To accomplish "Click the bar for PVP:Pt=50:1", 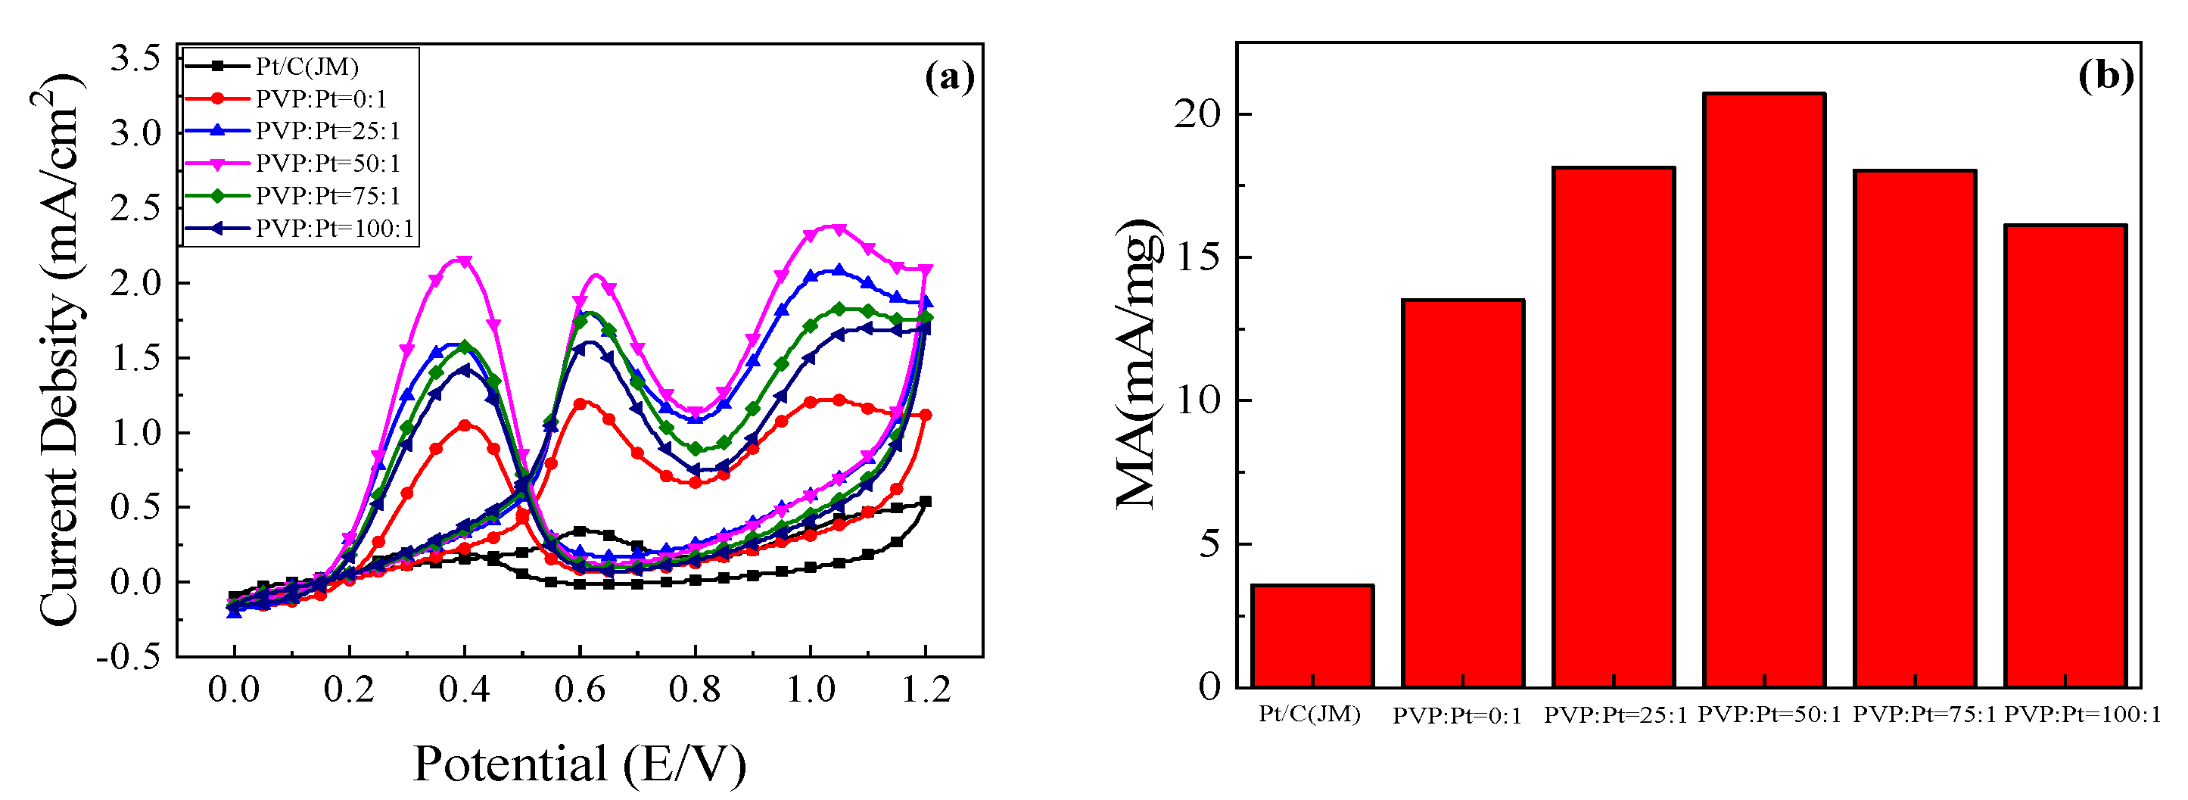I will (x=1764, y=391).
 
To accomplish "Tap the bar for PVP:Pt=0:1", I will (x=1463, y=493).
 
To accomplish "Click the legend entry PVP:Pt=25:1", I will (x=327, y=131).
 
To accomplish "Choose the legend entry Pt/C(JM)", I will (x=307, y=67).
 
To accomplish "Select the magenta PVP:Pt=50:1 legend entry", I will (x=327, y=163).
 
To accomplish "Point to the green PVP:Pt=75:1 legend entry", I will (x=327, y=196).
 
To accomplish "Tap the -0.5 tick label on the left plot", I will (x=129, y=656).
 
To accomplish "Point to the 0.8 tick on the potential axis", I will (x=694, y=689).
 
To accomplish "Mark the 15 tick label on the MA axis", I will (x=1197, y=257).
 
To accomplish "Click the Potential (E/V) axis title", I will (x=579, y=764).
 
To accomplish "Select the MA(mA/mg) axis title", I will (x=1138, y=365).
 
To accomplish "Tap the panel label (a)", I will (x=949, y=77).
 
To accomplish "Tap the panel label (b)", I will (x=2106, y=76).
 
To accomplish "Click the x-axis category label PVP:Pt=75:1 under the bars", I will (x=1924, y=715).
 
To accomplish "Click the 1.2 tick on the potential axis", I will (x=925, y=689).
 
